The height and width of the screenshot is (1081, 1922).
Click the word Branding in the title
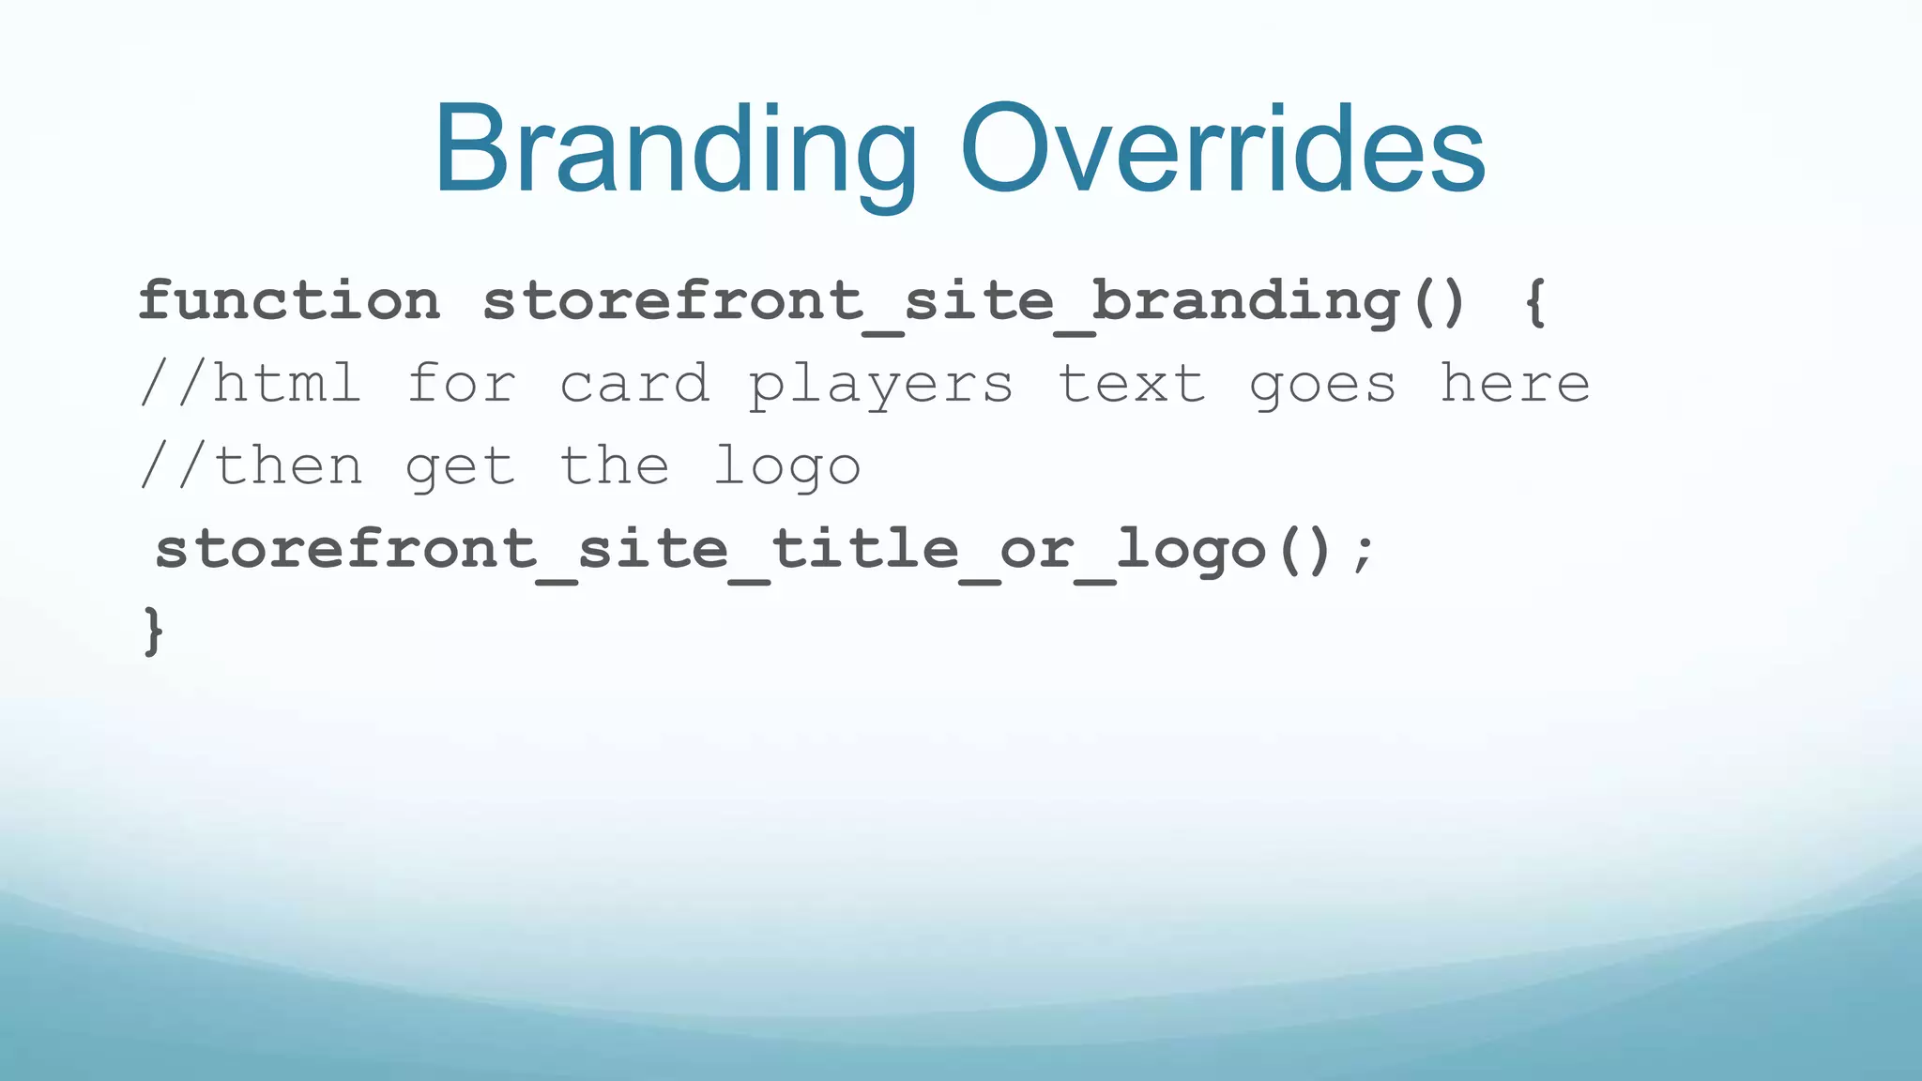674,150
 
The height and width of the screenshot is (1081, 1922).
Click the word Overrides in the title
1222,150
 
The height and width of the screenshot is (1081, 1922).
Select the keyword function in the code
289,302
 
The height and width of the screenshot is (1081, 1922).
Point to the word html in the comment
287,385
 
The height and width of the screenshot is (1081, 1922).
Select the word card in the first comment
634,385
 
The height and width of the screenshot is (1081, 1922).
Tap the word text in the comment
1132,385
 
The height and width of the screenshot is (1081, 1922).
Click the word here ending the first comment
1515,385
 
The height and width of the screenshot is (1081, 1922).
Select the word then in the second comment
289,466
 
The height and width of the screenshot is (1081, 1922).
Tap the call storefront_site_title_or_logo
710,550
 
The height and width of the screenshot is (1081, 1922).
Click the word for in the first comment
462,385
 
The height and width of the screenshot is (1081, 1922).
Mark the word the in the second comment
615,466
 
